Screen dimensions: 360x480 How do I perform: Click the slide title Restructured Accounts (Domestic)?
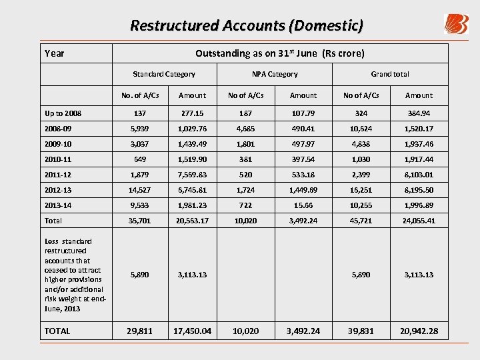[247, 26]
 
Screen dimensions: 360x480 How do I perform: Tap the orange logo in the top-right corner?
[456, 24]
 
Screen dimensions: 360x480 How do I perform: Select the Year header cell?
[54, 53]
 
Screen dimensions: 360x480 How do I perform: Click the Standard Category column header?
[164, 74]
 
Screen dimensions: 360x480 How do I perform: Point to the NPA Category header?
[275, 74]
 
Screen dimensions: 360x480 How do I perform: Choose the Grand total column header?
[390, 74]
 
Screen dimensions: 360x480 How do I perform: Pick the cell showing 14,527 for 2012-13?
[139, 189]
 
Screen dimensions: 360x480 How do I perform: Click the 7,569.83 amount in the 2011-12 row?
[193, 175]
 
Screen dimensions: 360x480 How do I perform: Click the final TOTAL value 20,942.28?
[419, 331]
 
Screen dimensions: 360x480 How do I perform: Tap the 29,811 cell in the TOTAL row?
[139, 331]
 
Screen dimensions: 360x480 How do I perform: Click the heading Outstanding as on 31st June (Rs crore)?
[280, 53]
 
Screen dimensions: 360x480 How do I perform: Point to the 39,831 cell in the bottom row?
[361, 331]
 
